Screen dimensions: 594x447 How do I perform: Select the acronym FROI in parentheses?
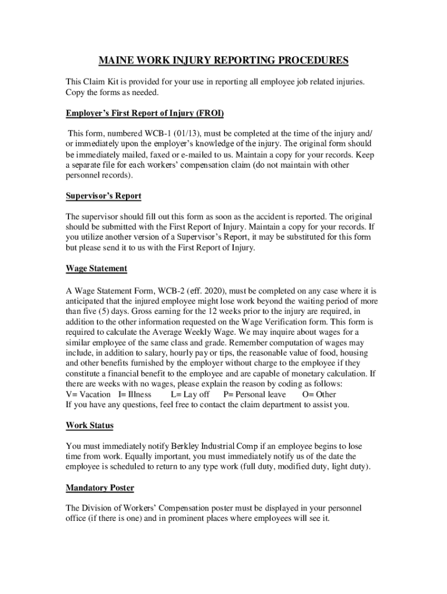pyautogui.click(x=210, y=113)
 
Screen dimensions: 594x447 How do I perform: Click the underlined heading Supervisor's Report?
pyautogui.click(x=103, y=195)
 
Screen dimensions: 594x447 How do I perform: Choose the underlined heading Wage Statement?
pyautogui.click(x=96, y=269)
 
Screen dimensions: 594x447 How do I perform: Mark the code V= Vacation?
pyautogui.click(x=88, y=394)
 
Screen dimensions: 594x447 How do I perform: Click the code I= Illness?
pyautogui.click(x=135, y=394)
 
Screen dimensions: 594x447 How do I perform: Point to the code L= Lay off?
pyautogui.click(x=190, y=394)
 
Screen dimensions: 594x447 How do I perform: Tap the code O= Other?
pyautogui.click(x=319, y=394)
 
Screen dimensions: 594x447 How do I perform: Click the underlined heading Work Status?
pyautogui.click(x=89, y=425)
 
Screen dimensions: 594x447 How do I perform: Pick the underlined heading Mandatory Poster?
pyautogui.click(x=100, y=488)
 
